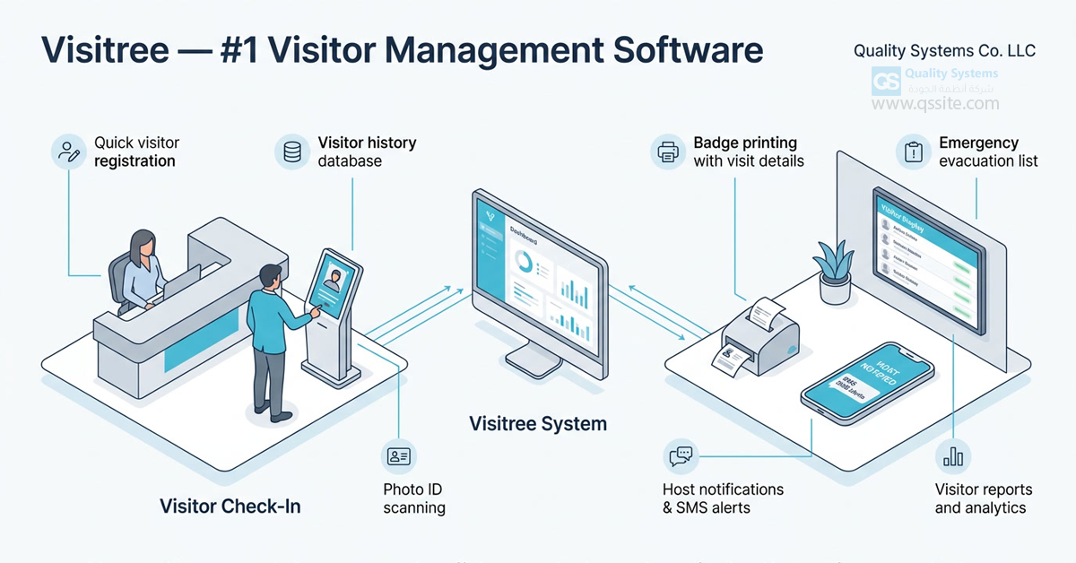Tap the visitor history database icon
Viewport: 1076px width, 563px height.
click(292, 151)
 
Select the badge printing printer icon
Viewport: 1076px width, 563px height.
click(668, 152)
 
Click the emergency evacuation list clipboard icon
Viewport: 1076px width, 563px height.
click(914, 152)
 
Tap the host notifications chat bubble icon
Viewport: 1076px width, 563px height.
click(681, 456)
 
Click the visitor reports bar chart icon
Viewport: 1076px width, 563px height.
click(952, 456)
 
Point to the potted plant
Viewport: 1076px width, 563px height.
click(835, 268)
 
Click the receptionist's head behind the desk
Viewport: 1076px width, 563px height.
click(143, 243)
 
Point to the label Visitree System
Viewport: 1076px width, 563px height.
click(538, 423)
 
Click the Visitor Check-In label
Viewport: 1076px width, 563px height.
click(230, 507)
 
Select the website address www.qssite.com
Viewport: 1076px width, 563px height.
click(935, 104)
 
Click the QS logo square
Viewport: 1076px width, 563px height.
click(886, 82)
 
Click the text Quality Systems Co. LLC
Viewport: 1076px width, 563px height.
click(944, 51)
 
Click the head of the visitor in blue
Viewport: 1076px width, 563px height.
click(270, 276)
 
